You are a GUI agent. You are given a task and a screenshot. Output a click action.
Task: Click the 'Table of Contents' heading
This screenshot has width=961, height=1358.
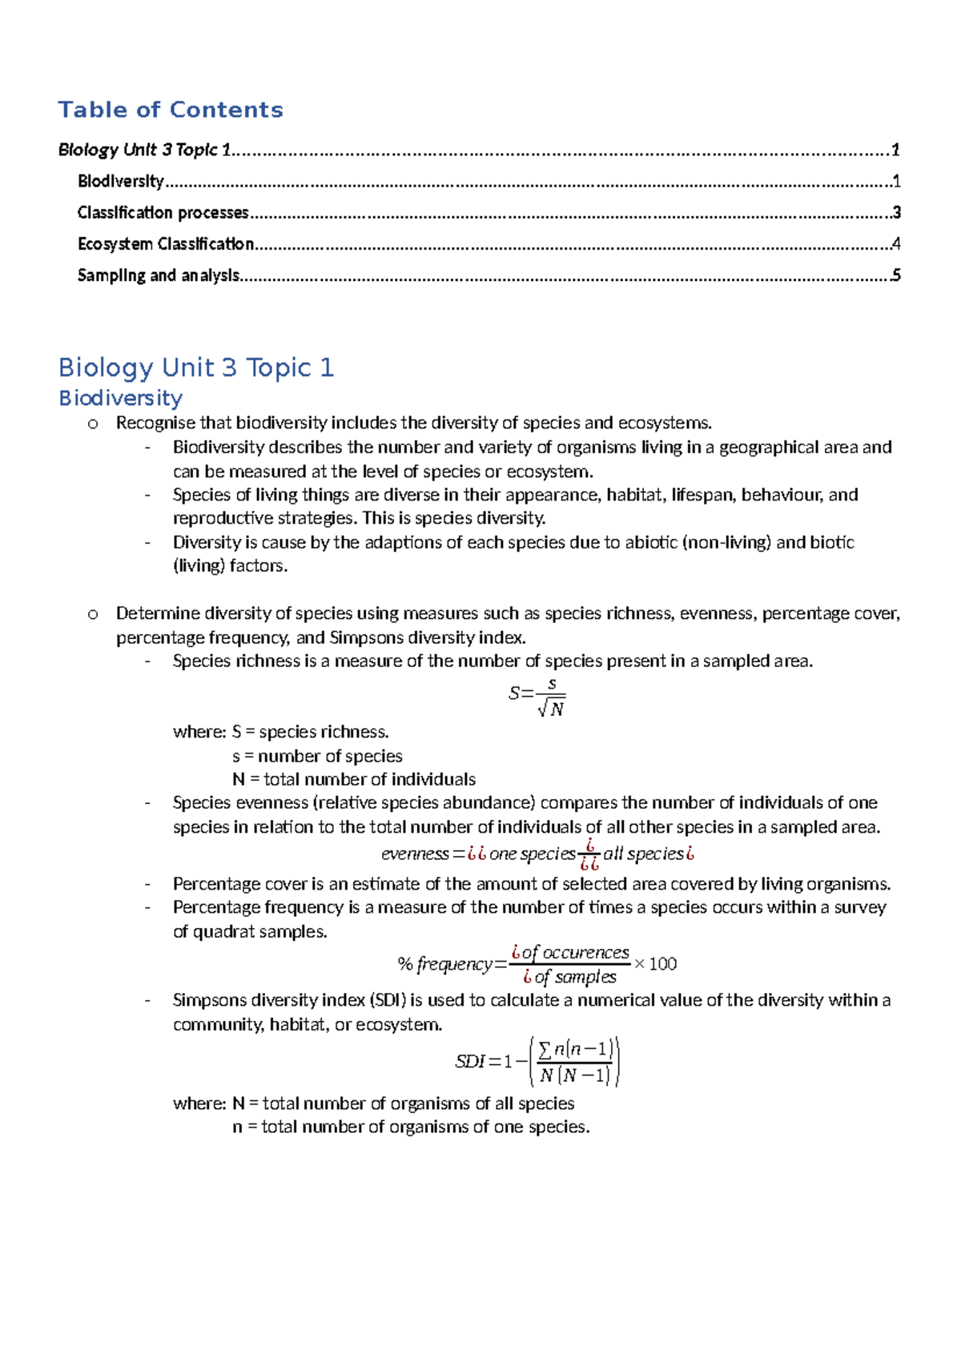[x=171, y=110]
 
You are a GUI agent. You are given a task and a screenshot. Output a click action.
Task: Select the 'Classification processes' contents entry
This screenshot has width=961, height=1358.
[x=163, y=213]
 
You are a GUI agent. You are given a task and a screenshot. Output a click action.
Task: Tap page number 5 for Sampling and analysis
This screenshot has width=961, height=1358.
[x=896, y=275]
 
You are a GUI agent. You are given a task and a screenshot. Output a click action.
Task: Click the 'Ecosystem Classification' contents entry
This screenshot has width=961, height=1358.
[x=166, y=244]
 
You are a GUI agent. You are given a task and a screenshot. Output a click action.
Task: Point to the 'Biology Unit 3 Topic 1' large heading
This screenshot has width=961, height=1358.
[x=196, y=368]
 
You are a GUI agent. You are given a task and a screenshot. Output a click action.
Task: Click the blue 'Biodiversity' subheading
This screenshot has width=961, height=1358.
[x=121, y=398]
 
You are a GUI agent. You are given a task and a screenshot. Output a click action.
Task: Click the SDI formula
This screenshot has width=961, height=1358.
[x=537, y=1062]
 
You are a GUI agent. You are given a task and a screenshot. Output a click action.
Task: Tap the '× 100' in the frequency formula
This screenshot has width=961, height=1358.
[x=655, y=964]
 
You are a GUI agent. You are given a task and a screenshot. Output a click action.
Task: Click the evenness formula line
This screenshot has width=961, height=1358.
[x=537, y=854]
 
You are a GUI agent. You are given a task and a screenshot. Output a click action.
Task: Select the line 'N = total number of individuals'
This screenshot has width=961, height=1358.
[x=354, y=779]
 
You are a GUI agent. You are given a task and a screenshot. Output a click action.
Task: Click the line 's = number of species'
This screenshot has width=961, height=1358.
[x=317, y=756]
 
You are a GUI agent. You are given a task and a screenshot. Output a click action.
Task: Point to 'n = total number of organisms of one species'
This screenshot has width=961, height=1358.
[x=411, y=1127]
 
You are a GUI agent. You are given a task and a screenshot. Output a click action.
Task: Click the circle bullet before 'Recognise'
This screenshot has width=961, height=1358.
[x=93, y=424]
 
